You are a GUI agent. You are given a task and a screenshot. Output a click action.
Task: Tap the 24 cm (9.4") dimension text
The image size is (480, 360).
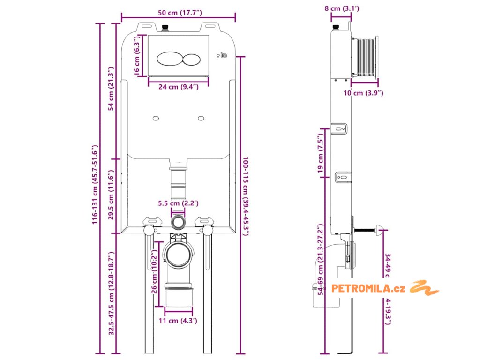(x=178, y=87)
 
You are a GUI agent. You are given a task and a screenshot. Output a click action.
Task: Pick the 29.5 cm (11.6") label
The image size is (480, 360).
(x=112, y=195)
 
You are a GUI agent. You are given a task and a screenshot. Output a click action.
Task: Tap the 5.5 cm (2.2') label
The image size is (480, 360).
(x=178, y=203)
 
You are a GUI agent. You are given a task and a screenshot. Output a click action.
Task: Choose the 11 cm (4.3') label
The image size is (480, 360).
(x=178, y=321)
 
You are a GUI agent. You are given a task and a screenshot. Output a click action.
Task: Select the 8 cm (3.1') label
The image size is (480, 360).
(x=341, y=8)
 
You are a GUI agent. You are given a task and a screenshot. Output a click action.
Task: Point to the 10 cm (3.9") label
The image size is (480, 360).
(x=363, y=93)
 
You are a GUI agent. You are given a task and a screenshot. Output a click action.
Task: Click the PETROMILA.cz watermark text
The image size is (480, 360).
(x=368, y=288)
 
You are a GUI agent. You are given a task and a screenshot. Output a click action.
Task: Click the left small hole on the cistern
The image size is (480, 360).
(x=156, y=118)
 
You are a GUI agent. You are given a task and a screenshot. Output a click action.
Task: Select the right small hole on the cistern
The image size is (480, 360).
(x=201, y=118)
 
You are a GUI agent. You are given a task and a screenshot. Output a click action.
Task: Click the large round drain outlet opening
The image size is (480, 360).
(x=178, y=254)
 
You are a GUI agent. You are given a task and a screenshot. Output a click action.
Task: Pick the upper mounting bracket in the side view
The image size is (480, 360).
(x=340, y=128)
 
